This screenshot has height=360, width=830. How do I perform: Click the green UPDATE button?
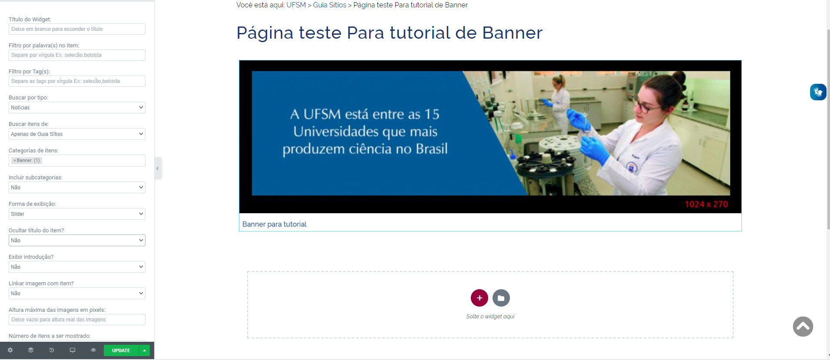pyautogui.click(x=121, y=350)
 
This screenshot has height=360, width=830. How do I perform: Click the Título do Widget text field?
pyautogui.click(x=77, y=29)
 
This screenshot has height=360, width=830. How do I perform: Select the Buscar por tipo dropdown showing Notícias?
pyautogui.click(x=77, y=108)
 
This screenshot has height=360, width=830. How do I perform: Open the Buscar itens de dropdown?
pyautogui.click(x=77, y=134)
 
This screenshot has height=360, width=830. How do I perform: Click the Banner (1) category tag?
pyautogui.click(x=26, y=161)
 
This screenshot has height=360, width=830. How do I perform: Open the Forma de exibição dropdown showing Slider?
pyautogui.click(x=77, y=214)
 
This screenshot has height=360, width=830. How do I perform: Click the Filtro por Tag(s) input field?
pyautogui.click(x=77, y=81)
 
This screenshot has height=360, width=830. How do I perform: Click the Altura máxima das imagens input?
pyautogui.click(x=77, y=320)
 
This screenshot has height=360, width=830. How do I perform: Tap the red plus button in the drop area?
pyautogui.click(x=479, y=298)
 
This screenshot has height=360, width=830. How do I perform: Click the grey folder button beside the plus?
pyautogui.click(x=501, y=298)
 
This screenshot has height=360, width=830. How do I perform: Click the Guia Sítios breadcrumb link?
pyautogui.click(x=330, y=5)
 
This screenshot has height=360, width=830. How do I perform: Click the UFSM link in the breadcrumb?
pyautogui.click(x=296, y=5)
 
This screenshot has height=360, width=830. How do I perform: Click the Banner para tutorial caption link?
pyautogui.click(x=274, y=224)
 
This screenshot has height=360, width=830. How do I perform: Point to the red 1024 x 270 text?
pyautogui.click(x=706, y=204)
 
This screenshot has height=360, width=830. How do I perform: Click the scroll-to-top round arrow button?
pyautogui.click(x=803, y=327)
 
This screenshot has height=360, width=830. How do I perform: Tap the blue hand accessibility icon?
pyautogui.click(x=818, y=92)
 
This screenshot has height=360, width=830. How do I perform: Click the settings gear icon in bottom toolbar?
pyautogui.click(x=10, y=350)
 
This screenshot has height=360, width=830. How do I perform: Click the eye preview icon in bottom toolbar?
pyautogui.click(x=93, y=350)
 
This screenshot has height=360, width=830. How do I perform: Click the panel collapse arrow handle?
pyautogui.click(x=158, y=168)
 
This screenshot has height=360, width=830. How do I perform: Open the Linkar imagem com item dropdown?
pyautogui.click(x=77, y=294)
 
